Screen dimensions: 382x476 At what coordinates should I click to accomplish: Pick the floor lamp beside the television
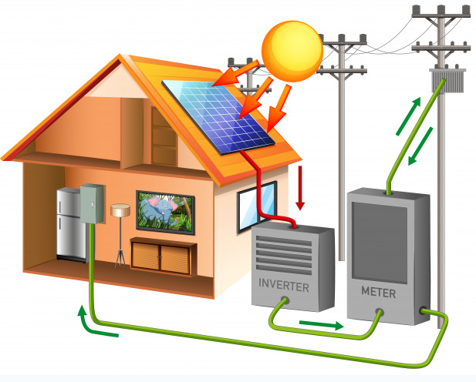[120, 231]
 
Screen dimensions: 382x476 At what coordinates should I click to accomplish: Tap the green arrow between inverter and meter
[320, 325]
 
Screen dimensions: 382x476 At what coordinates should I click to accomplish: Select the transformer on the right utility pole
[444, 79]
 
